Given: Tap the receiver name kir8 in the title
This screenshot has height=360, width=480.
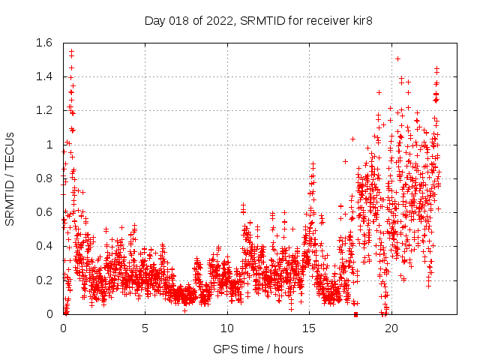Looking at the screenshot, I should coord(361,21).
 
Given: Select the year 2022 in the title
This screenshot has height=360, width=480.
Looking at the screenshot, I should coord(219,21).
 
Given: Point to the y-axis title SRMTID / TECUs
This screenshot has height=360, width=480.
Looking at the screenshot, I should coord(10,178).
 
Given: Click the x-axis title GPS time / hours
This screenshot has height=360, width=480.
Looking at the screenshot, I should coord(258,349).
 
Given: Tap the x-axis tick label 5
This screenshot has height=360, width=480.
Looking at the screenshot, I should coord(145,328).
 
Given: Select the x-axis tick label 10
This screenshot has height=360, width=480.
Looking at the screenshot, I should coord(227,328).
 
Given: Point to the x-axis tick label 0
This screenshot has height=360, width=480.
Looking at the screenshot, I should coord(63,328).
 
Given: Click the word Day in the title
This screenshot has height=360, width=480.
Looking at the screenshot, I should coord(154,21).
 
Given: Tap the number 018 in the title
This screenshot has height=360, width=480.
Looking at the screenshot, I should coord(179,21).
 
